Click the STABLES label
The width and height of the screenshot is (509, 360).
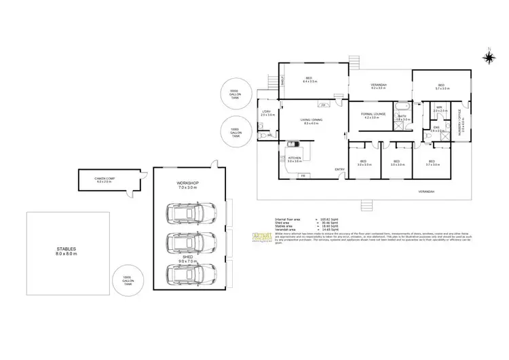pos(67,251)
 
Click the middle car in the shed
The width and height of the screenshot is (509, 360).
pos(193,243)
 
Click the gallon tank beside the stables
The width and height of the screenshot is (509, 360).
pos(126,281)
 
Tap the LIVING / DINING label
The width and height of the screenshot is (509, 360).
pos(313,122)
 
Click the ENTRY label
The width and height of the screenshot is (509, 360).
pos(339,169)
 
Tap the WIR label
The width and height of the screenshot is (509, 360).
pos(439,108)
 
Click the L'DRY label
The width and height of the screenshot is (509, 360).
pos(267,113)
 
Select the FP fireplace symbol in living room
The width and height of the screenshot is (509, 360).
pos(324,105)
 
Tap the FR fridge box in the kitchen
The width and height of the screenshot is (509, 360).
pos(303,176)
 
